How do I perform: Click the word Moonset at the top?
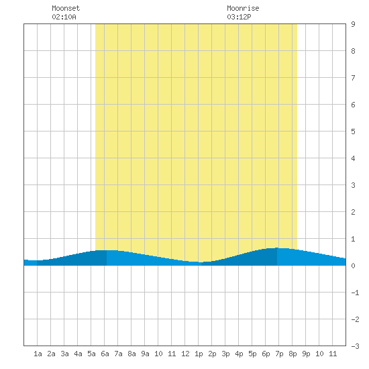click(66, 8)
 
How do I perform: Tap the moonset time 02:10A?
click(64, 17)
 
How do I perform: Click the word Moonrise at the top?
click(243, 8)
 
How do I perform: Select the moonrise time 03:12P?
click(239, 17)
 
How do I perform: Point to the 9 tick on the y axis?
click(353, 24)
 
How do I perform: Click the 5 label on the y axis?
click(353, 131)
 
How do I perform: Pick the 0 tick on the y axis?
click(353, 266)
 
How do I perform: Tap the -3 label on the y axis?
click(355, 346)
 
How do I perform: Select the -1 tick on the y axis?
click(355, 293)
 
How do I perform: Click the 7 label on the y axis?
click(353, 78)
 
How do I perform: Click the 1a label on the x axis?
click(38, 354)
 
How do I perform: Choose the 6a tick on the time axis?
click(105, 354)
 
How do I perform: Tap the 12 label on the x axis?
click(185, 354)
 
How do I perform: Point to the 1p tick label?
click(199, 354)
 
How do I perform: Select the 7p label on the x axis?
click(279, 354)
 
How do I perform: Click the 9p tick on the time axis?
click(306, 354)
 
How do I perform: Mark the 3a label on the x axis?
click(64, 354)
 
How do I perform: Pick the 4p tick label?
click(239, 354)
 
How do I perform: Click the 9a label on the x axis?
click(145, 354)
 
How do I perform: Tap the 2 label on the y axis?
click(353, 212)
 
